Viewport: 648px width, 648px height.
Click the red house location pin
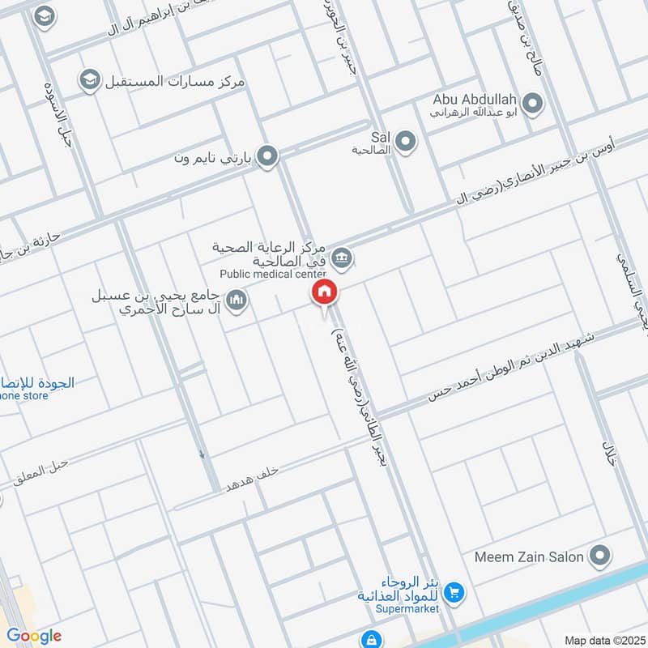coord(324,292)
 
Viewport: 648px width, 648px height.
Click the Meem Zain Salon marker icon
coord(600,556)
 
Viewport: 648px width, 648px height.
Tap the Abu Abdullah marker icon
coord(532,103)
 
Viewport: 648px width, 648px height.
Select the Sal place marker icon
coord(407,142)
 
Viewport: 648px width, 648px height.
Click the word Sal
coord(381,137)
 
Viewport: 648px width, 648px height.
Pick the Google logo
coord(35,636)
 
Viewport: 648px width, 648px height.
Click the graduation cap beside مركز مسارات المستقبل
coord(88,80)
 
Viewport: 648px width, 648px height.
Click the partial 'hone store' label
coord(24,396)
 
